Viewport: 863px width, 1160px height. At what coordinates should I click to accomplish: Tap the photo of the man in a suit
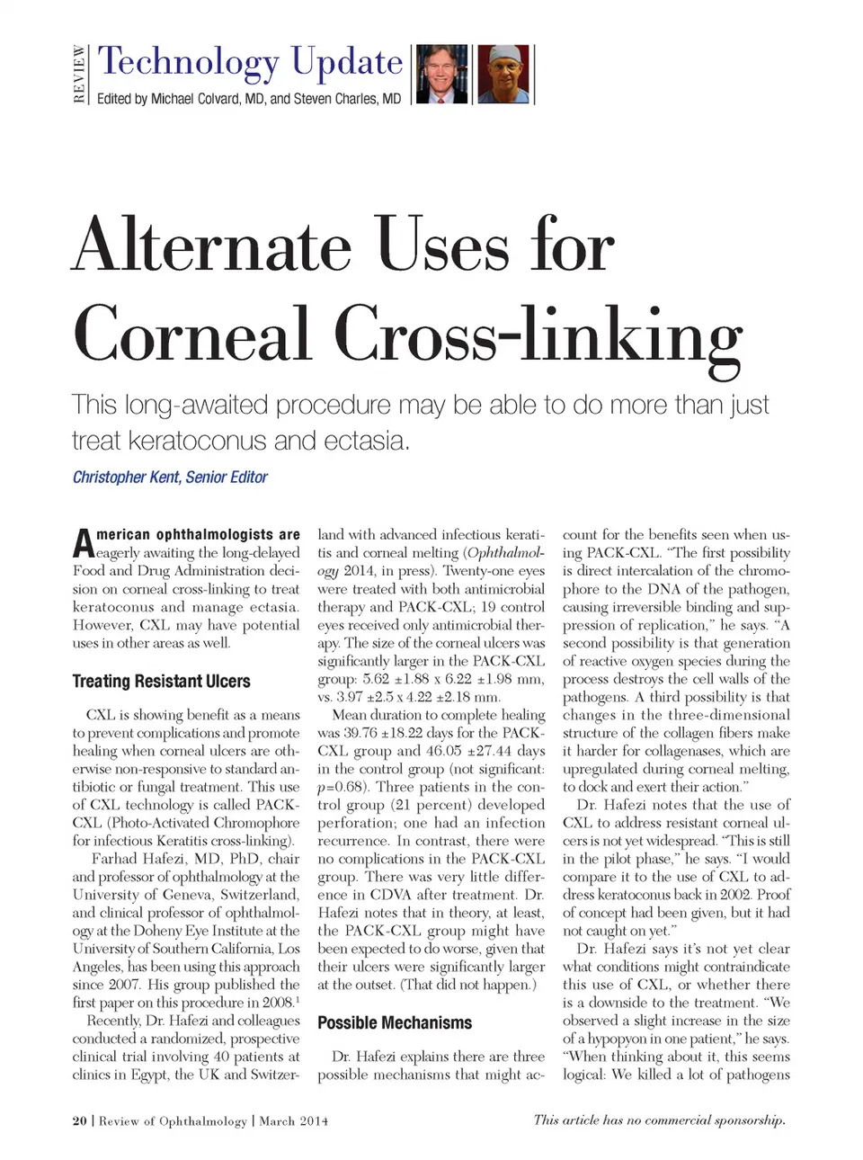442,74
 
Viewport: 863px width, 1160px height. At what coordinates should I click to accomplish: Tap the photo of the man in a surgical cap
503,74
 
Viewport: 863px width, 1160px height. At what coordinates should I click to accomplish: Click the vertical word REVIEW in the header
80,74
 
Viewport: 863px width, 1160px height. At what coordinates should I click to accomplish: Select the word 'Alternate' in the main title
212,245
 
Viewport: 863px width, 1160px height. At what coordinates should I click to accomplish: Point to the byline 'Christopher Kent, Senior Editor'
170,477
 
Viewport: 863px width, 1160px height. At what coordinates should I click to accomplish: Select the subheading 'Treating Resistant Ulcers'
161,682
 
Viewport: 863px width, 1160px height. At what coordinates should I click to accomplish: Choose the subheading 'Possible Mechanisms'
394,1023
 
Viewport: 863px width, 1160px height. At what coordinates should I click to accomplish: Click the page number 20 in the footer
80,1121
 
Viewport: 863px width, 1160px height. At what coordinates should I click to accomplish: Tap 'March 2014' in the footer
293,1121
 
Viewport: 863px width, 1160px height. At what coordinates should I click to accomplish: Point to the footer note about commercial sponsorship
659,1120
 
